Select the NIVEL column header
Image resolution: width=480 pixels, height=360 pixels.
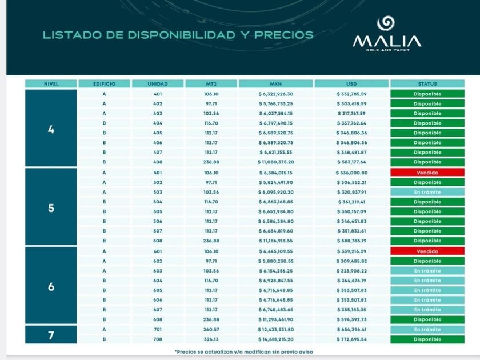pos(51,84)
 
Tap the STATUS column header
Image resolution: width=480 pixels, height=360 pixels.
pos(427,84)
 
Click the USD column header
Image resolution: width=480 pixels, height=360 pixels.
pos(351,84)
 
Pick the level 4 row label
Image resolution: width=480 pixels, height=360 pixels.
pos(51,129)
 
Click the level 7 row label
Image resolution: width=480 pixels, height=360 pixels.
pos(51,335)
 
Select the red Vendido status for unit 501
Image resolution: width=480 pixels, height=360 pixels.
pos(427,172)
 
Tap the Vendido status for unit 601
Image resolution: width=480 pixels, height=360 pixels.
pos(427,251)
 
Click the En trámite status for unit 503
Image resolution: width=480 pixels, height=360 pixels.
pos(427,192)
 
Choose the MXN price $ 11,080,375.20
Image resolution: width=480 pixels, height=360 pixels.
pos(276,162)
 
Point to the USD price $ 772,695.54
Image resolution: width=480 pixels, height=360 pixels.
pos(351,339)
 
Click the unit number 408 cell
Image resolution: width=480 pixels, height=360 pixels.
pos(158,162)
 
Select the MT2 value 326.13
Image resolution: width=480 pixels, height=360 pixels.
pos(211,339)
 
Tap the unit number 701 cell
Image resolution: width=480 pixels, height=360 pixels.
pos(158,330)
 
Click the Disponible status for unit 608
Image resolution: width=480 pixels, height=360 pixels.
pos(427,319)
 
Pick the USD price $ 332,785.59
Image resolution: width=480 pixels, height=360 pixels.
pos(351,94)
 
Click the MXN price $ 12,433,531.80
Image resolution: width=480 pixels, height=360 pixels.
pos(276,330)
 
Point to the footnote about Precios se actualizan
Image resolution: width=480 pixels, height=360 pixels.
pos(243,351)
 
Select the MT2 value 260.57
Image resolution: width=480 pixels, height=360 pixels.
pos(211,330)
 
